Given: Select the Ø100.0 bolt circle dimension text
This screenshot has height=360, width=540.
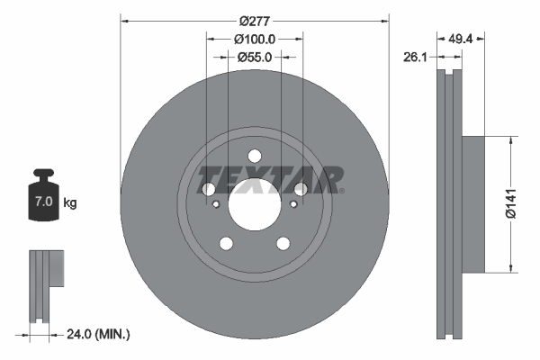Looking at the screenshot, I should click(x=254, y=39).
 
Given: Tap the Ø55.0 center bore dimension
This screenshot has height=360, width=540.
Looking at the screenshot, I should click(x=255, y=57).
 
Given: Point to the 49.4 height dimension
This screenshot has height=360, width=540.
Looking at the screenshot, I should click(x=461, y=39).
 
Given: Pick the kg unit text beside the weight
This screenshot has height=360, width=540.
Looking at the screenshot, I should click(x=70, y=203).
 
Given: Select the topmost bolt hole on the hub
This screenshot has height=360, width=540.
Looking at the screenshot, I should click(x=254, y=155).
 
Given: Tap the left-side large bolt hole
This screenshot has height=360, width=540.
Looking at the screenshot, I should click(x=209, y=189).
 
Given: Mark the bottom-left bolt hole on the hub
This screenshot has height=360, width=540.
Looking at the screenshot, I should click(x=226, y=243).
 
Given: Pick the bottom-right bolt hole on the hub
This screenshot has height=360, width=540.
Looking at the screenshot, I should click(x=283, y=243).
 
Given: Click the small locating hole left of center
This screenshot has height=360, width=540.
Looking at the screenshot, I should click(x=216, y=204).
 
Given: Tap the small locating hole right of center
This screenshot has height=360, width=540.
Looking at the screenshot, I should click(x=292, y=204).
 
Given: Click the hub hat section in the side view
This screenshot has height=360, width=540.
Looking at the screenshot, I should click(x=473, y=202).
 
